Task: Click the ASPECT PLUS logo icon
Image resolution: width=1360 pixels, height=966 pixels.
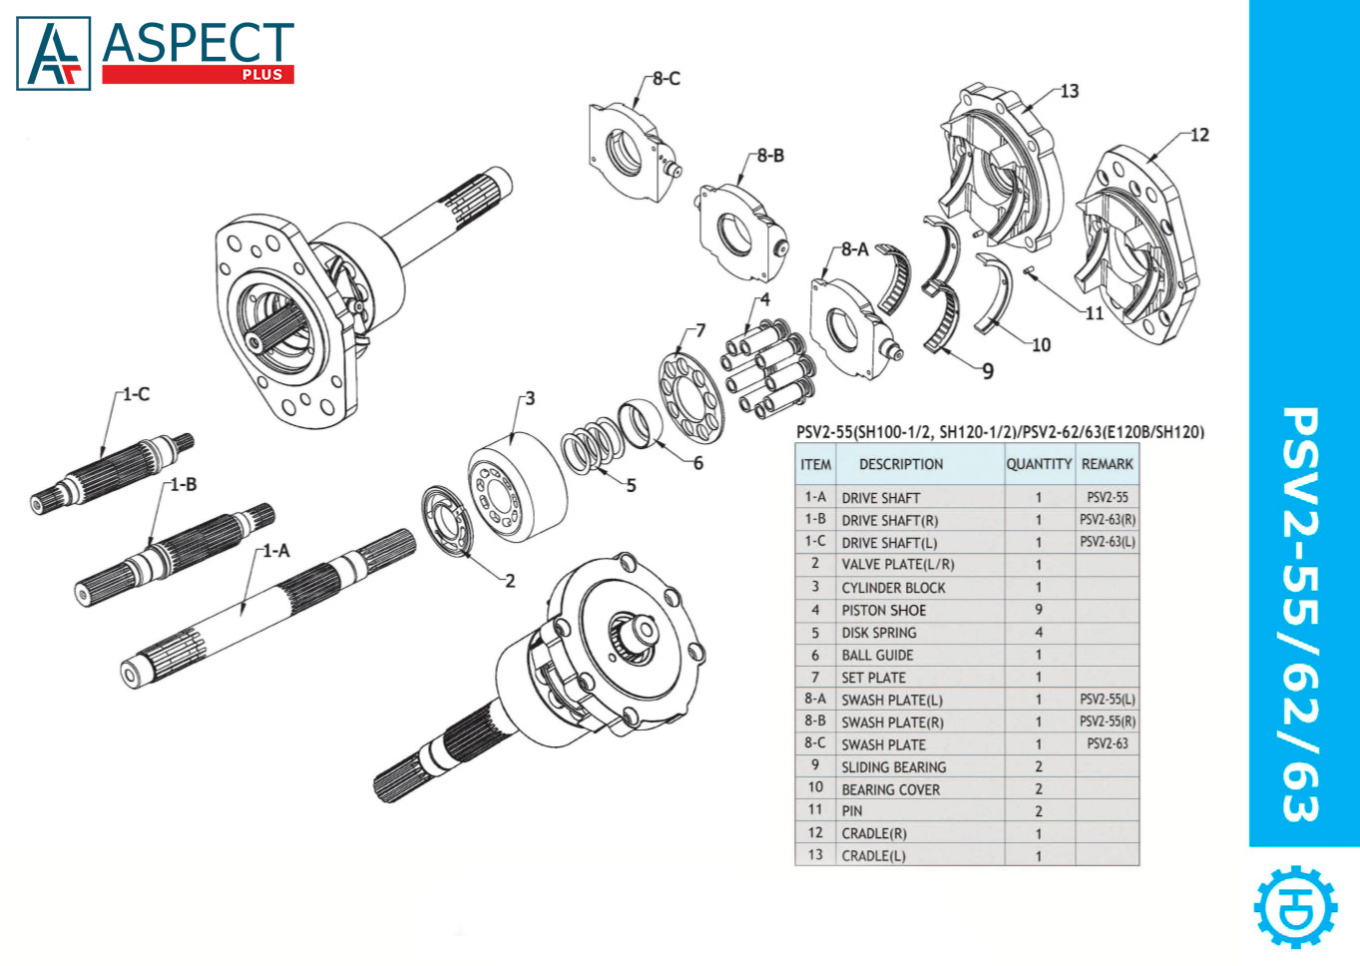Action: coord(54,54)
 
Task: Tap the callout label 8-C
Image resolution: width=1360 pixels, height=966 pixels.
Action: coord(666,79)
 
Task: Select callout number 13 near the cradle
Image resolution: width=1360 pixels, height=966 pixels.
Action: coord(1069,92)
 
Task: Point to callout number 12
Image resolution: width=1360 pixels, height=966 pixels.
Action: coord(1198,135)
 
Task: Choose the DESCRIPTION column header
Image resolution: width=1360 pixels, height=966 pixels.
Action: coord(900,464)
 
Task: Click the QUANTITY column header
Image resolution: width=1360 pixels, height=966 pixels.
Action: coord(1038,464)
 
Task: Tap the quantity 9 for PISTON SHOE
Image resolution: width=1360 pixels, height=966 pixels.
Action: coord(1038,610)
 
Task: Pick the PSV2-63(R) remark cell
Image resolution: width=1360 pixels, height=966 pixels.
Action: coord(1107,520)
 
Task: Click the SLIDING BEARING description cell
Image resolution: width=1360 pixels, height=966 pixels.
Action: coord(893,767)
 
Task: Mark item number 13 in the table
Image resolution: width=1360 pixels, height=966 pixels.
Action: coord(815,855)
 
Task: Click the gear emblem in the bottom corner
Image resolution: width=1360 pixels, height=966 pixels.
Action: coord(1295,906)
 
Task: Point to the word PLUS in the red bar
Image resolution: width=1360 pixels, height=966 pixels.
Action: coord(262,75)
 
